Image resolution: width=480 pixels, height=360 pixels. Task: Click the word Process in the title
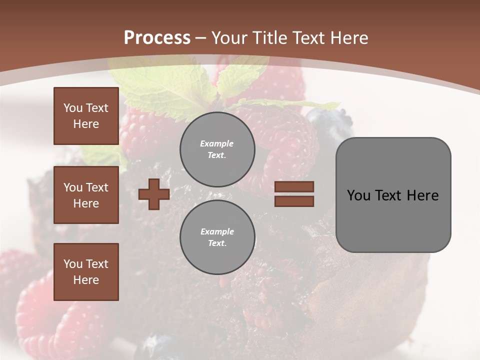pyautogui.click(x=157, y=38)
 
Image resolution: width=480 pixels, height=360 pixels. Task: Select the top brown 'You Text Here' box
pyautogui.click(x=86, y=116)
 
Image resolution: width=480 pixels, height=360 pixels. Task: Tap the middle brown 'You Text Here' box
pyautogui.click(x=86, y=195)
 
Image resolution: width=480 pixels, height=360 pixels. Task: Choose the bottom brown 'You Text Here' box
pyautogui.click(x=86, y=271)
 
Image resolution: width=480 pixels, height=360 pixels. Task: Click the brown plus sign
pyautogui.click(x=154, y=194)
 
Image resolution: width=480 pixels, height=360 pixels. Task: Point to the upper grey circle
pyautogui.click(x=217, y=149)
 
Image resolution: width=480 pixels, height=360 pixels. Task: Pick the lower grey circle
pyautogui.click(x=217, y=237)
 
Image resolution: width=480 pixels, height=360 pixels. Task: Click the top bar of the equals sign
pyautogui.click(x=294, y=186)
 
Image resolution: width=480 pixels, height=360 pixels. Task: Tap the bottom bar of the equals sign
pyautogui.click(x=294, y=201)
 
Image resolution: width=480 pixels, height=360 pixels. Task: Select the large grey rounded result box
pyautogui.click(x=393, y=194)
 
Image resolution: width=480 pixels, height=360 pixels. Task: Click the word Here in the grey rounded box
pyautogui.click(x=422, y=195)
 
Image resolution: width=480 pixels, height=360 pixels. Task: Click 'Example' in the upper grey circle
pyautogui.click(x=217, y=144)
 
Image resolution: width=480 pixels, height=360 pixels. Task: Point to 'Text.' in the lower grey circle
pyautogui.click(x=217, y=243)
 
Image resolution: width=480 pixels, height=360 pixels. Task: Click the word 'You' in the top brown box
pyautogui.click(x=73, y=108)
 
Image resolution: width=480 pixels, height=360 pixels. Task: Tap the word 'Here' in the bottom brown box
pyautogui.click(x=86, y=280)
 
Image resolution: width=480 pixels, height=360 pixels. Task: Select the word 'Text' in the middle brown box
pyautogui.click(x=97, y=187)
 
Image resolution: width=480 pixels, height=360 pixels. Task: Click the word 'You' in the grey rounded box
pyautogui.click(x=359, y=195)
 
